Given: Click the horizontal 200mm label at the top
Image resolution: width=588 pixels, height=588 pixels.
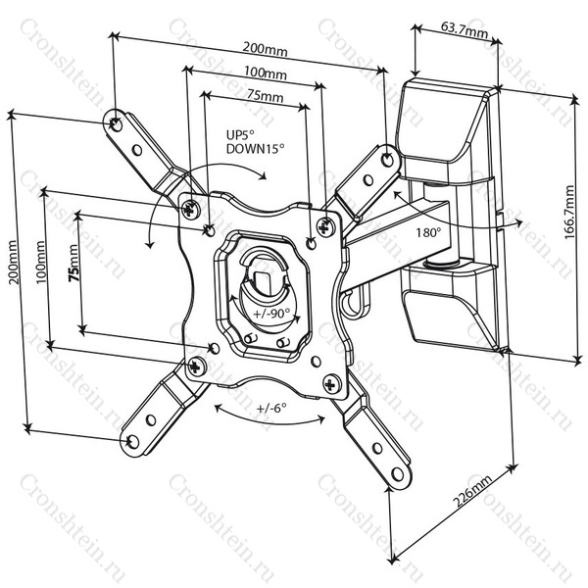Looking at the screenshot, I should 264,48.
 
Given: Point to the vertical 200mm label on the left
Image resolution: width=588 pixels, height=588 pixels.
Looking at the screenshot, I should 13,264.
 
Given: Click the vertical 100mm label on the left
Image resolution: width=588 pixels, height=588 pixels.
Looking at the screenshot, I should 40,264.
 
